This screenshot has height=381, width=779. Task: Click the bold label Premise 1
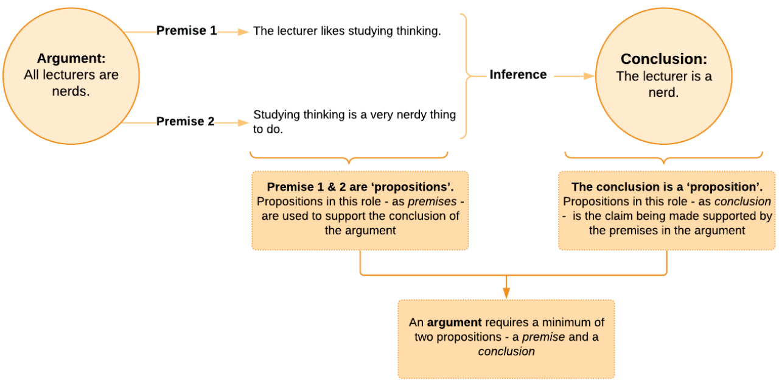[x=186, y=30]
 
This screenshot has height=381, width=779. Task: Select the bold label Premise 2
[x=185, y=121]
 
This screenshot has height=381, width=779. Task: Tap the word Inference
[x=518, y=75]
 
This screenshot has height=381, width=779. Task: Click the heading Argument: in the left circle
[x=71, y=59]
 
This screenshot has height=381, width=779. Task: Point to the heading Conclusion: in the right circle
[x=663, y=59]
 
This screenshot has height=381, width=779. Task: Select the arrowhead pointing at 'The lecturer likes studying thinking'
[x=243, y=31]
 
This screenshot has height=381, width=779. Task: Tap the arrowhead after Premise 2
[x=243, y=122]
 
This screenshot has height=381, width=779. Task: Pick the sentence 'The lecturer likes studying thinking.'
[x=347, y=31]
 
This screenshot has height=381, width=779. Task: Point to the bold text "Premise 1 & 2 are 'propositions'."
[x=360, y=187]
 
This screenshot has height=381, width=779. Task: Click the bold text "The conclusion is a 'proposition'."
[x=666, y=187]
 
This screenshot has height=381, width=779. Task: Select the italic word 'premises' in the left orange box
[x=436, y=201]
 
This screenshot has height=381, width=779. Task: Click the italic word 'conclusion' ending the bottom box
[x=506, y=351]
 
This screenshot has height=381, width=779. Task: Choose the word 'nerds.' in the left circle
[x=71, y=91]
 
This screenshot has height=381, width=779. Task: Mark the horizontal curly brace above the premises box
[x=349, y=157]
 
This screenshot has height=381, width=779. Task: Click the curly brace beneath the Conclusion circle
[x=663, y=157]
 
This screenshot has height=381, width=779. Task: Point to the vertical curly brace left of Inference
[x=467, y=76]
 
